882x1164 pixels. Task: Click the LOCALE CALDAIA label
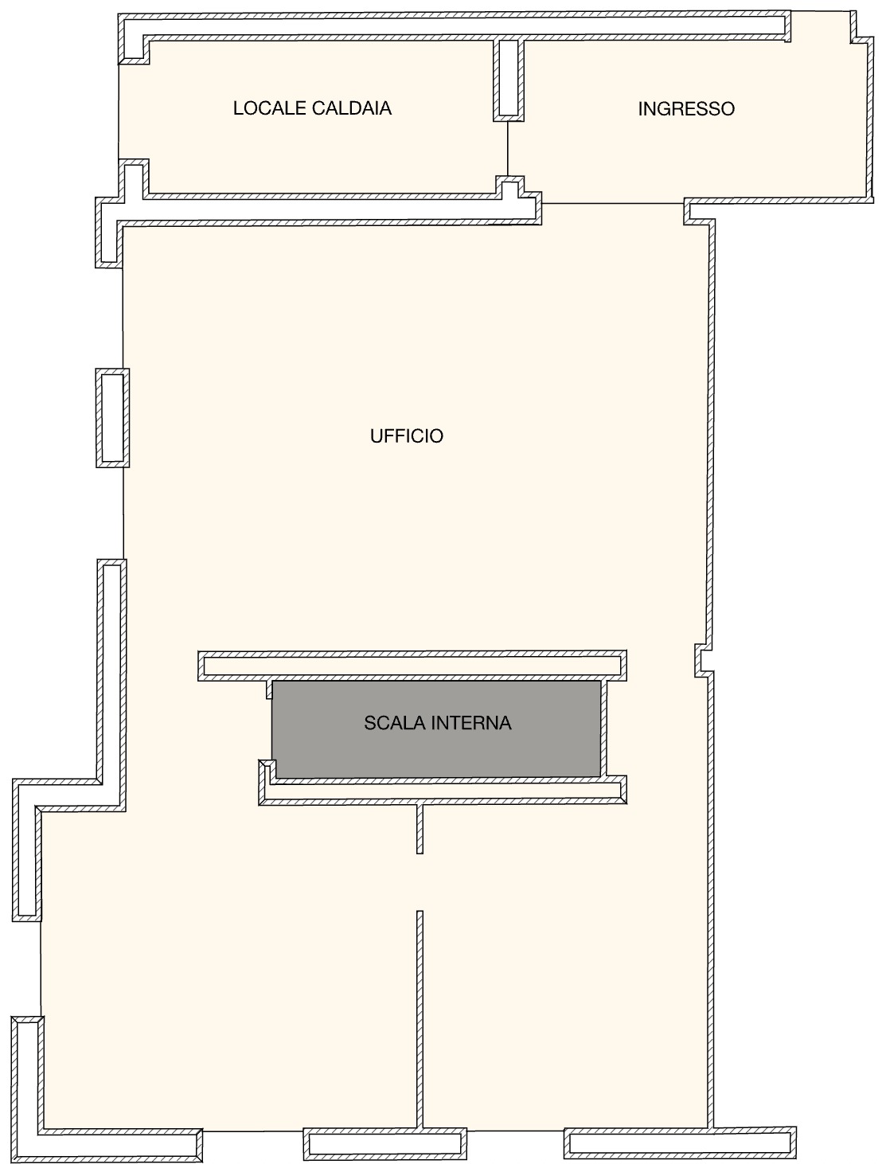click(x=312, y=108)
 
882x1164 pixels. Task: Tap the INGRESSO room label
click(x=686, y=109)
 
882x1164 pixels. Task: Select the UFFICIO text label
click(x=407, y=436)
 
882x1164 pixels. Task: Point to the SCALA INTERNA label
click(x=437, y=723)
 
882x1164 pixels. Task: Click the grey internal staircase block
click(x=436, y=729)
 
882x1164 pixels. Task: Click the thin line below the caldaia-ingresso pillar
click(x=508, y=149)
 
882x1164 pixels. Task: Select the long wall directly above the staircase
click(x=412, y=666)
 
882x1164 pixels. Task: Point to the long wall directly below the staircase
click(x=443, y=790)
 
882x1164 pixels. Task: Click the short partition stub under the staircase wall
click(x=420, y=829)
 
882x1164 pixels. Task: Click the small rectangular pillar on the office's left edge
click(x=112, y=418)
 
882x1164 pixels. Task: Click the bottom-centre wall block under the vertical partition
click(x=384, y=1143)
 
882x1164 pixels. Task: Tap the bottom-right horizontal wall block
click(x=680, y=1143)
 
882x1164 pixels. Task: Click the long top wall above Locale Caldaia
click(x=453, y=25)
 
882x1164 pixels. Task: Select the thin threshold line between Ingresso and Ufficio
click(x=613, y=203)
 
